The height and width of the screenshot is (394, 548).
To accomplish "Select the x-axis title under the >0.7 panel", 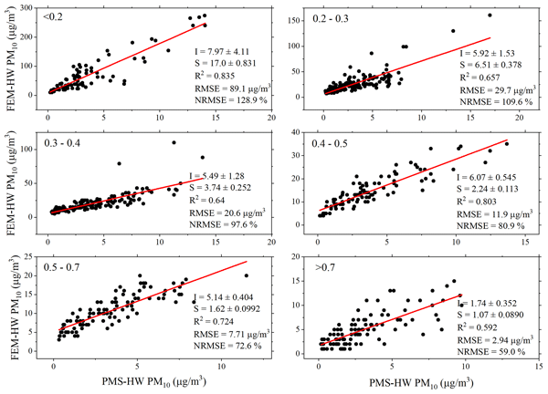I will click(413, 384).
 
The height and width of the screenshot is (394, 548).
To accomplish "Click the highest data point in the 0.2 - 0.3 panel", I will click(490, 15).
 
